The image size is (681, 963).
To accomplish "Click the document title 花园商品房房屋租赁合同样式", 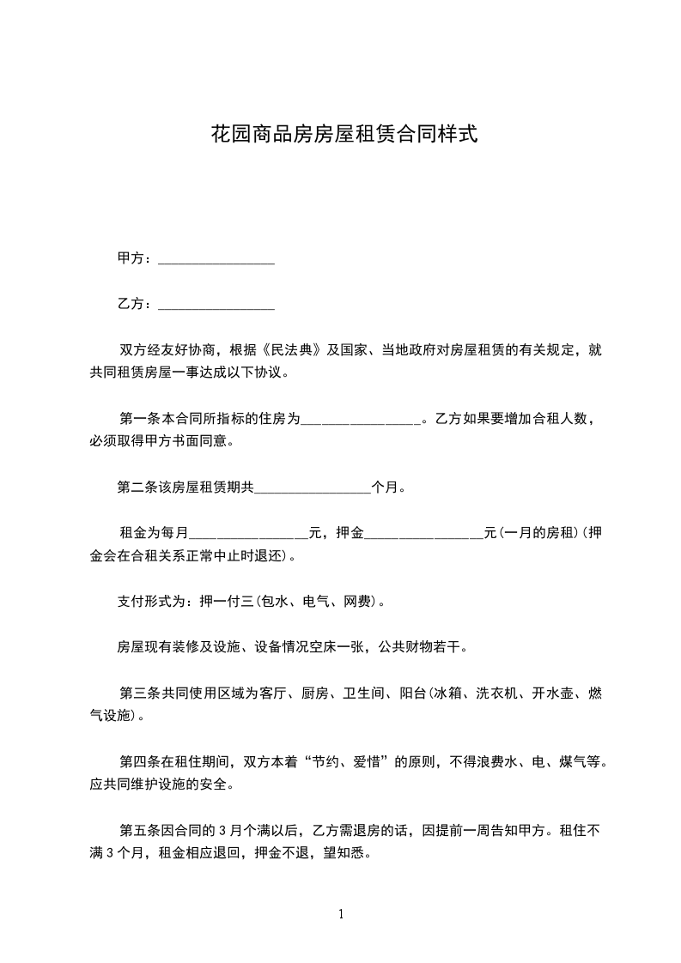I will coord(344,135).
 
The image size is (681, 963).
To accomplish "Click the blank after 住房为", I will coord(361,421).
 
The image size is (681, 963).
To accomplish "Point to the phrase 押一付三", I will coord(221,602).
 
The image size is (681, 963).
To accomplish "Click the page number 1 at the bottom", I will coord(341,914).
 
